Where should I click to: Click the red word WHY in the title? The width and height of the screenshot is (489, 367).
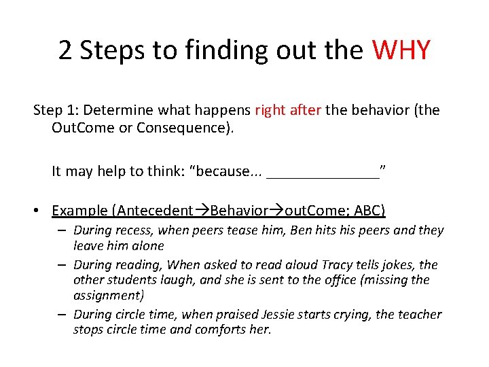point(401,51)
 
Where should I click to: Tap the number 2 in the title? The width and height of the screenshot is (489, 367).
point(65,51)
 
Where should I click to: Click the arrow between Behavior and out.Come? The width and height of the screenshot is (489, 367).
point(274,211)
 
